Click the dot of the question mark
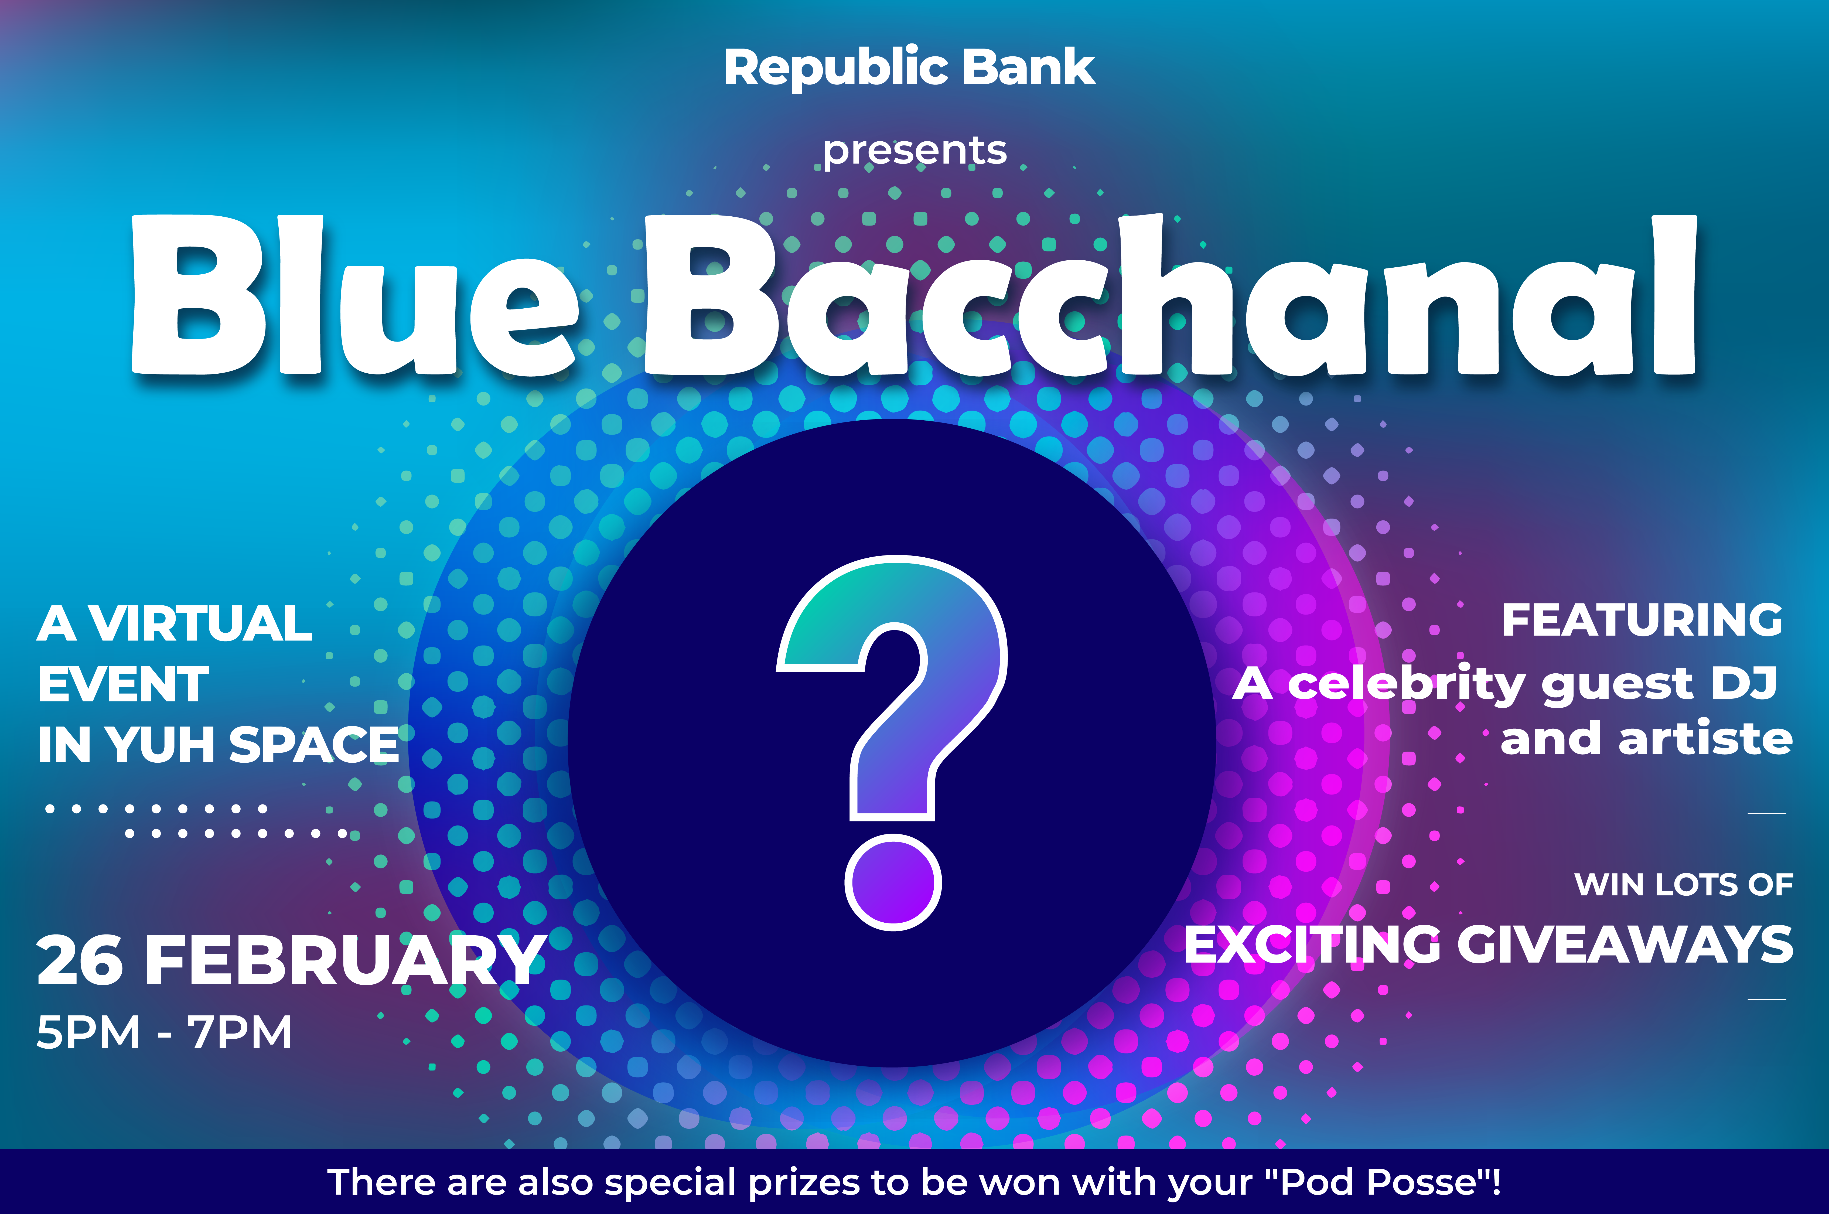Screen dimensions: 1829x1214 [x=893, y=882]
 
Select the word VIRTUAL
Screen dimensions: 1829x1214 [x=200, y=623]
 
